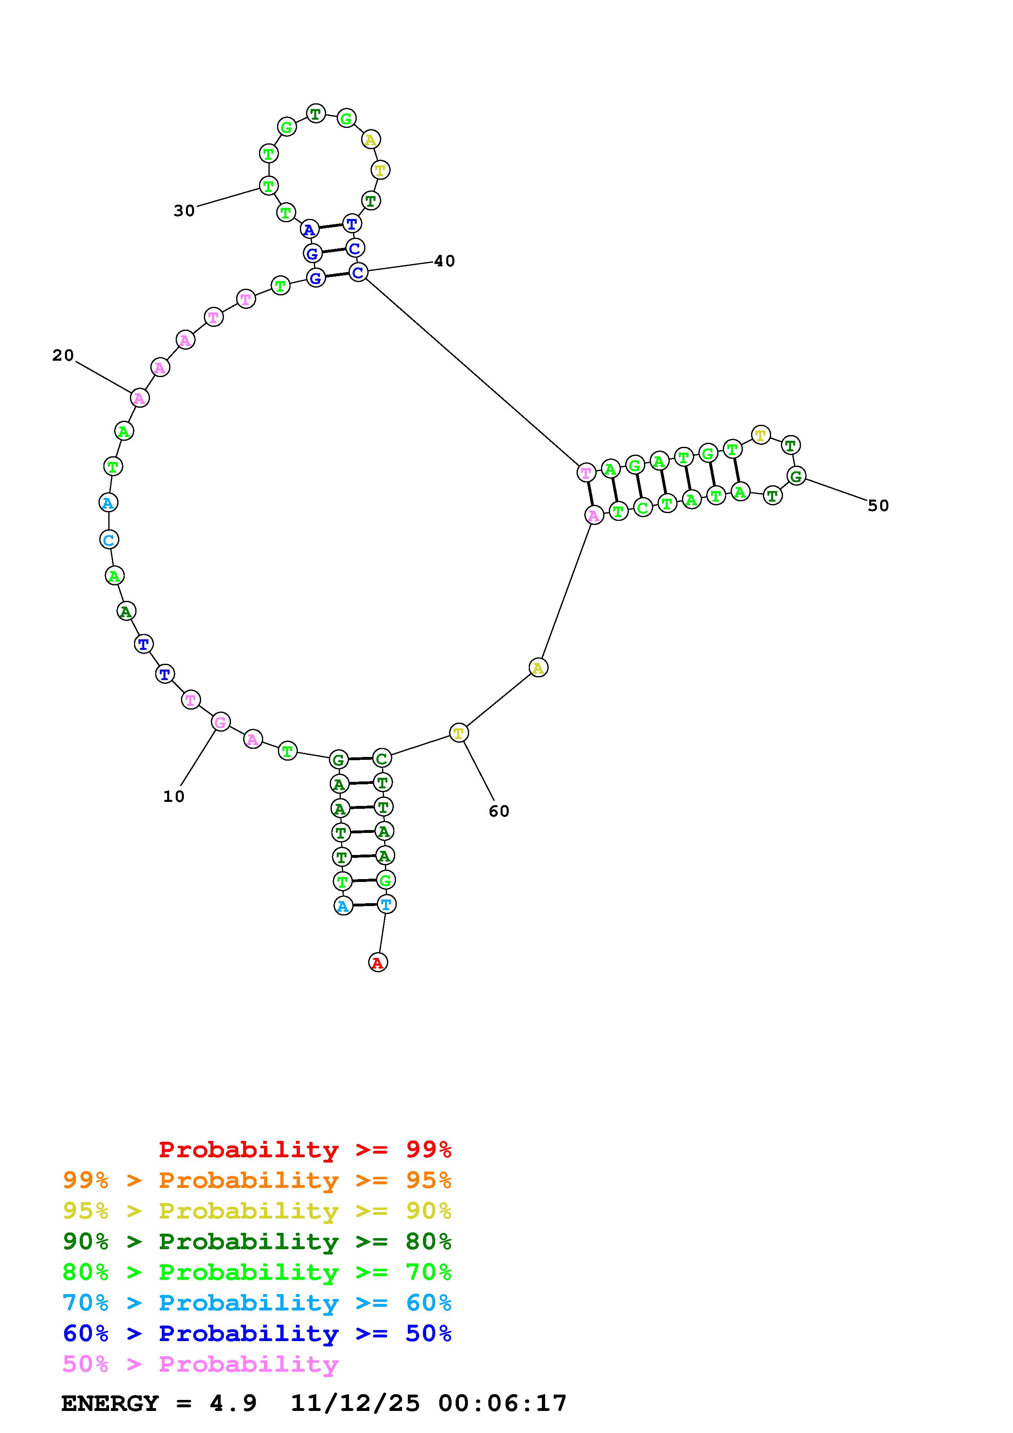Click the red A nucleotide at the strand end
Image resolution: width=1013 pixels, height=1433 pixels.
pyautogui.click(x=378, y=962)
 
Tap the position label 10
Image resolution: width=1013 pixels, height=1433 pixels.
pyautogui.click(x=174, y=797)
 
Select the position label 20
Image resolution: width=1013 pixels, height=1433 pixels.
pyautogui.click(x=63, y=355)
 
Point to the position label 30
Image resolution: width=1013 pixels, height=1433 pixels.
pyautogui.click(x=184, y=211)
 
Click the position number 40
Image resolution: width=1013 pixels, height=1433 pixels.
pyautogui.click(x=445, y=261)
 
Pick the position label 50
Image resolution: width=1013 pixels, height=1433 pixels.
pyautogui.click(x=878, y=506)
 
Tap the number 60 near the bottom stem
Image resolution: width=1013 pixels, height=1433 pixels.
pyautogui.click(x=499, y=811)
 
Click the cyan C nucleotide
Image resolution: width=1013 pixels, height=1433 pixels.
pyautogui.click(x=109, y=539)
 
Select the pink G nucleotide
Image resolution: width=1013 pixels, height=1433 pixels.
pyautogui.click(x=220, y=722)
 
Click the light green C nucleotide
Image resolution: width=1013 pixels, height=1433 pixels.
pyautogui.click(x=642, y=507)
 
